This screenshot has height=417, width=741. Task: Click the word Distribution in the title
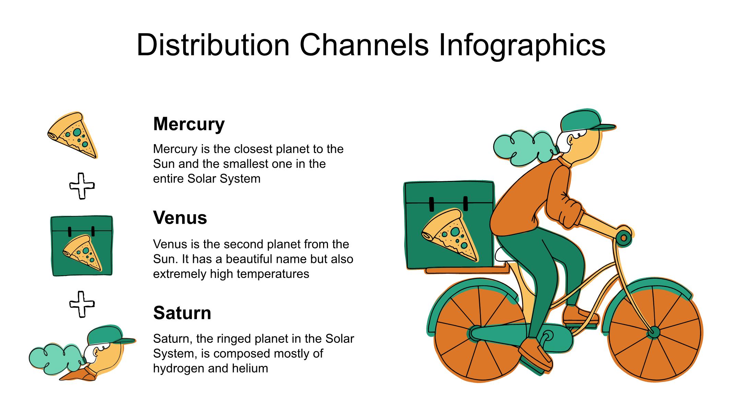coord(213,45)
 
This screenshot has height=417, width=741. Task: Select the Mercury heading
coord(189,124)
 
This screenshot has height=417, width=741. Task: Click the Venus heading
coord(180,218)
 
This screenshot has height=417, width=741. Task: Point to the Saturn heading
coord(182,313)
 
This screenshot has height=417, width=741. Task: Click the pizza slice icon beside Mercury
coord(73,135)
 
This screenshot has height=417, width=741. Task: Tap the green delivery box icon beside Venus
coord(82,246)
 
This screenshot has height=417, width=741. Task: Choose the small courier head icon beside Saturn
coord(82,353)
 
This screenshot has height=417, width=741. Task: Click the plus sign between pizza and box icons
coord(82,186)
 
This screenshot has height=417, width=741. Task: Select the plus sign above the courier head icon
coord(82,304)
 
